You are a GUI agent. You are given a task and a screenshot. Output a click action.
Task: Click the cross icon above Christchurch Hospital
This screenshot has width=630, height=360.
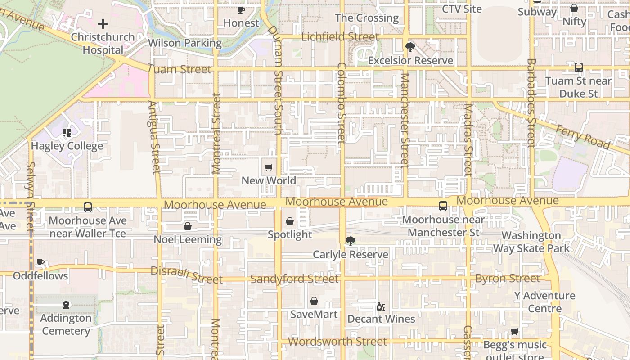pyautogui.click(x=103, y=24)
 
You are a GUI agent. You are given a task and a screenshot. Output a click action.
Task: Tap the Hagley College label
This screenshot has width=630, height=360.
pyautogui.click(x=67, y=146)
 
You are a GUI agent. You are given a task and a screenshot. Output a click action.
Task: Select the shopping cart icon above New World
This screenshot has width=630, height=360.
pyautogui.click(x=269, y=168)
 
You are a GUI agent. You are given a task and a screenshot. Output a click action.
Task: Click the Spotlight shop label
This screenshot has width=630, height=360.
pyautogui.click(x=290, y=234)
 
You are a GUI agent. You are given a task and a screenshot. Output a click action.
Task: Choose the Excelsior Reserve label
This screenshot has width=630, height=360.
pyautogui.click(x=410, y=60)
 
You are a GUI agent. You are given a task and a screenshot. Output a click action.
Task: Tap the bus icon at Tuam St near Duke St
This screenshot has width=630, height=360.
pyautogui.click(x=579, y=67)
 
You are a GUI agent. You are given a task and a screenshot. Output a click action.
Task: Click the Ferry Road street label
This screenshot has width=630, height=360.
pyautogui.click(x=583, y=137)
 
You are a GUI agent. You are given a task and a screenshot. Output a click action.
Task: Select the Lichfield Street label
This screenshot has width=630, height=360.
pyautogui.click(x=340, y=37)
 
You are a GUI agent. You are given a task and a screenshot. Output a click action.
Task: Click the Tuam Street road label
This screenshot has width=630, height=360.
pyautogui.click(x=179, y=69)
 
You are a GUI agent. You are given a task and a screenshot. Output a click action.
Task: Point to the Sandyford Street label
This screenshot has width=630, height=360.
pyautogui.click(x=294, y=279)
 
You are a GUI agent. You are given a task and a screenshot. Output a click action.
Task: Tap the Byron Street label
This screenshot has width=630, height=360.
pyautogui.click(x=508, y=279)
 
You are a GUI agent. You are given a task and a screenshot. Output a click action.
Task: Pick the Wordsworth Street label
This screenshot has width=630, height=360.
pyautogui.click(x=337, y=342)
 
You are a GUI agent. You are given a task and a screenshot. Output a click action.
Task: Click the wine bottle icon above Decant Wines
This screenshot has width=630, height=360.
pyautogui.click(x=381, y=306)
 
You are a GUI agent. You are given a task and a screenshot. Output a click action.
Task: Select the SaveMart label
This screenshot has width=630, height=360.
pyautogui.click(x=314, y=314)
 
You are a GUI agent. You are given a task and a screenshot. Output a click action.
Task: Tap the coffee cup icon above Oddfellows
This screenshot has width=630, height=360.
pyautogui.click(x=40, y=262)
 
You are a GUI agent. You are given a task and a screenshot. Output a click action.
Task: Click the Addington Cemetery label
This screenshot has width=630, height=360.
pyautogui.click(x=66, y=324)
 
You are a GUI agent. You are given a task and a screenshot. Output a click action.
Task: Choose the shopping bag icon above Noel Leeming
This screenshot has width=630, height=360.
pyautogui.click(x=188, y=226)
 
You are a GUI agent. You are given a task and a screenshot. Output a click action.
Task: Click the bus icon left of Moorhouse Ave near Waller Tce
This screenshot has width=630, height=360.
pyautogui.click(x=88, y=207)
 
